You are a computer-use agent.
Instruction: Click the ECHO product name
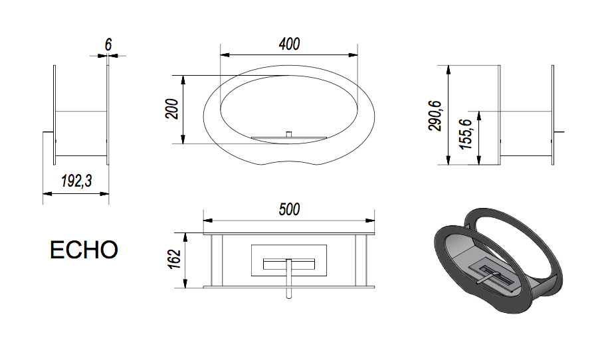click(84, 250)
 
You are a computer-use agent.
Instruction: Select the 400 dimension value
click(289, 44)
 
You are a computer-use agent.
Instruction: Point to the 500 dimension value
click(289, 209)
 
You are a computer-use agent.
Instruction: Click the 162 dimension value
click(175, 259)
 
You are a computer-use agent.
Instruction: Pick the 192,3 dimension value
click(76, 181)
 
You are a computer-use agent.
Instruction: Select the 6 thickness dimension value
click(108, 45)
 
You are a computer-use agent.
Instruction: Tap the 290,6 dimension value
click(435, 116)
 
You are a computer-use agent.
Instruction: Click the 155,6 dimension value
click(466, 134)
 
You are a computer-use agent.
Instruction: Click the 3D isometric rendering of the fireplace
click(498, 260)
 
